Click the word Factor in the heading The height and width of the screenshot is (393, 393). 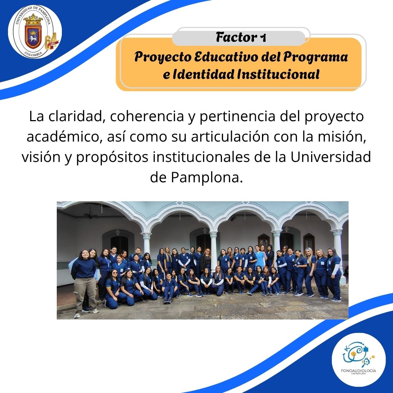point(237,37)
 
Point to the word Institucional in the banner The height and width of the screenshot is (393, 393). point(278,74)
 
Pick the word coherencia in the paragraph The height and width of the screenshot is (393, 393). point(147,116)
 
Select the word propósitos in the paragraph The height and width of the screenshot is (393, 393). point(112,158)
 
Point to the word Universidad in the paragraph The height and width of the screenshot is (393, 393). point(330,157)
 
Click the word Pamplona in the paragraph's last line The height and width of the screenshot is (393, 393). point(207,178)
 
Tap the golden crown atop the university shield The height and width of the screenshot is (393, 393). point(33,19)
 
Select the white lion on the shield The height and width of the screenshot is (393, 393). point(33,39)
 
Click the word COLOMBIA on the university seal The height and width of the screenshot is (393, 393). point(33,54)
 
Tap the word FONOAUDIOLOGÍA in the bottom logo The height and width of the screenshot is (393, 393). point(358,370)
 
